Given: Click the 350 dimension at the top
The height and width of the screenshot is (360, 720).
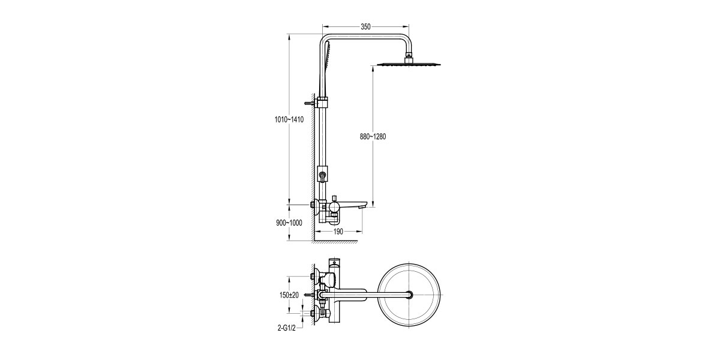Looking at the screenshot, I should [x=365, y=26].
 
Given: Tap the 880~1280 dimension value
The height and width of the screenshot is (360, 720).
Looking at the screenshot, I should [x=373, y=137].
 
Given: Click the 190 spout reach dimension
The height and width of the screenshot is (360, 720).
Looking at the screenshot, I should [x=338, y=231].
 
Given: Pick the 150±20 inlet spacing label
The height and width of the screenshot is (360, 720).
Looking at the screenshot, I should [x=290, y=295].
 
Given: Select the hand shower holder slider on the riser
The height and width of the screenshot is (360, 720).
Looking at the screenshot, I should [x=323, y=175].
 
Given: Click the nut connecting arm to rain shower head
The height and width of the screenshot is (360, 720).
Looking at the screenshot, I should [x=409, y=56].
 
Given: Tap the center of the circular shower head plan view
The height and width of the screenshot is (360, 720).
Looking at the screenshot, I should [x=409, y=295].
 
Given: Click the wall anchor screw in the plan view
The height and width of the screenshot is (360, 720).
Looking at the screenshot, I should [x=310, y=295].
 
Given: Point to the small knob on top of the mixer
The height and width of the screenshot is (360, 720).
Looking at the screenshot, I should [x=332, y=197].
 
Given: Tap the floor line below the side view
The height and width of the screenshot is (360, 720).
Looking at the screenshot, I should [x=336, y=241].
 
